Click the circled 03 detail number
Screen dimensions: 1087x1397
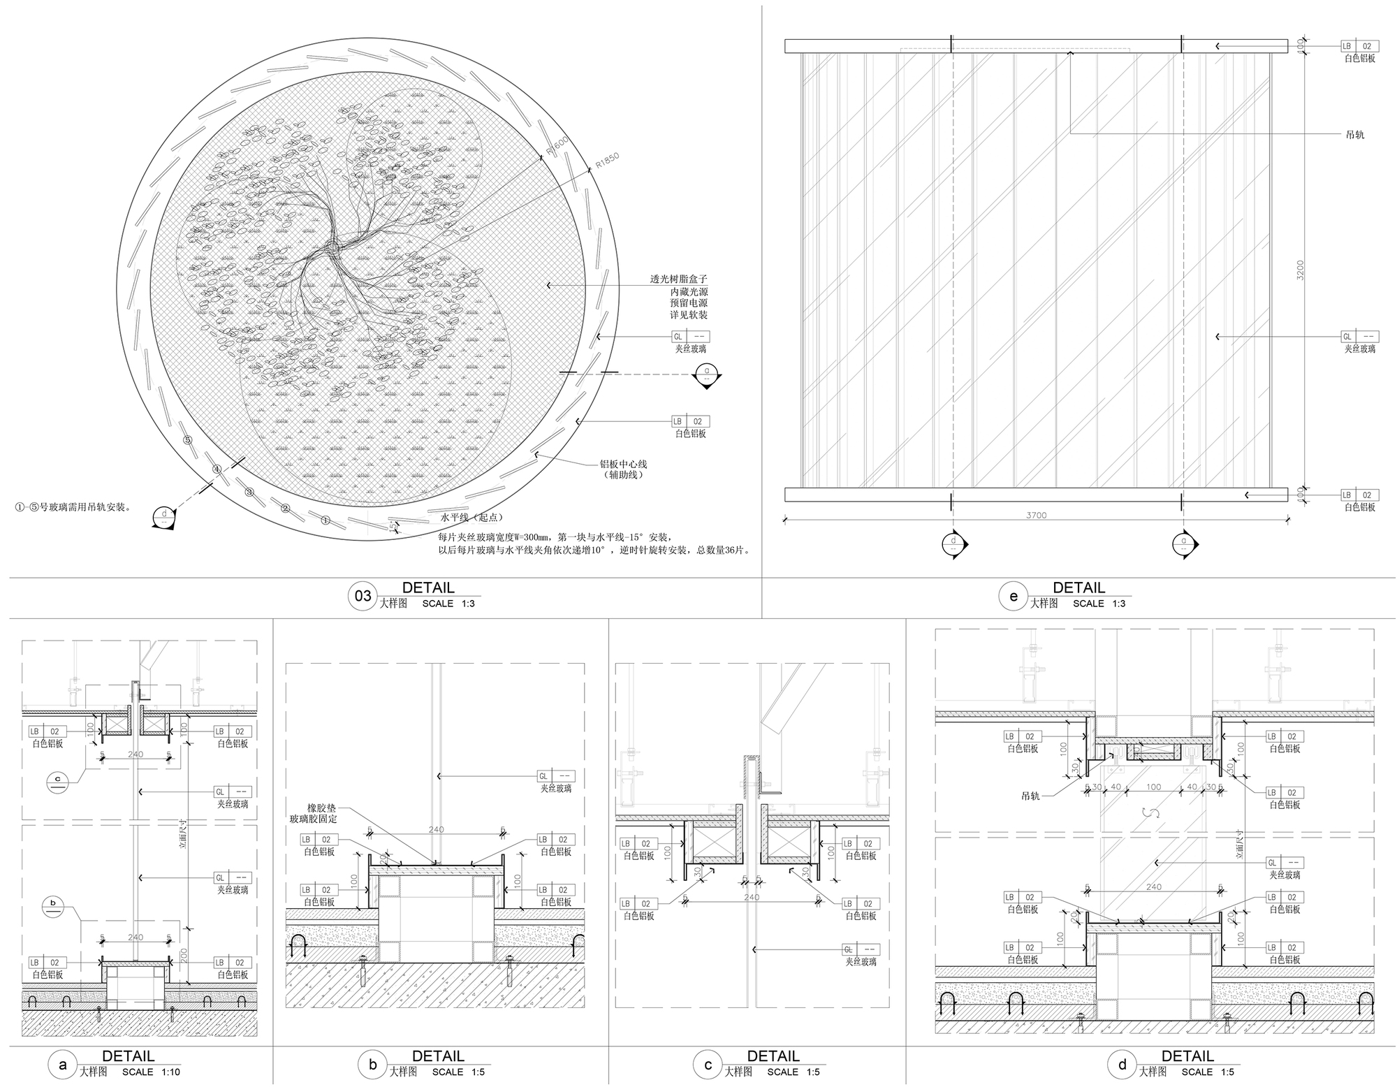point(363,596)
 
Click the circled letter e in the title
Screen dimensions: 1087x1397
point(1014,596)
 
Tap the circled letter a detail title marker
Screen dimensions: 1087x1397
point(63,1065)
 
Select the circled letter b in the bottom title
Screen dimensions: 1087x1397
point(372,1065)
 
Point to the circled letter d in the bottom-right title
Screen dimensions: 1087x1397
point(1122,1065)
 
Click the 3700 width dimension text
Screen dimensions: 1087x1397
point(1037,515)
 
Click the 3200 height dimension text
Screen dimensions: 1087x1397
point(1300,270)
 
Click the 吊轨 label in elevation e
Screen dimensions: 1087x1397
point(1354,134)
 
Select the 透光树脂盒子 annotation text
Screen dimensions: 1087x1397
point(679,279)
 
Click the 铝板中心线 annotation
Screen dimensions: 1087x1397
point(624,463)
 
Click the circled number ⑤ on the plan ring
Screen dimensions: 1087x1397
point(186,439)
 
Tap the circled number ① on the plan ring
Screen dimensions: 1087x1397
point(325,520)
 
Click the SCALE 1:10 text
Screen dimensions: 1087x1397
point(151,1072)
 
